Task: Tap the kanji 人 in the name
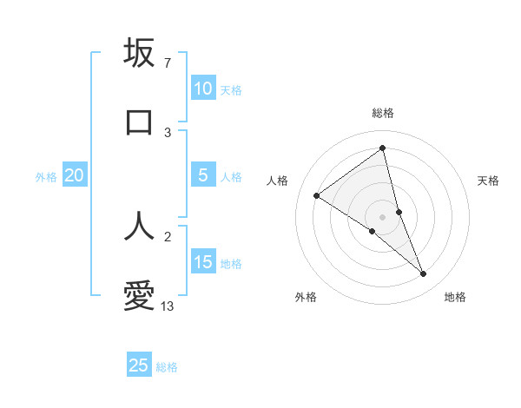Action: point(139,226)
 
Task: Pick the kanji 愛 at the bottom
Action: point(139,297)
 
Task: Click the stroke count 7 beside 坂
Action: point(167,63)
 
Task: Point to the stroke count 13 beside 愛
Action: point(168,306)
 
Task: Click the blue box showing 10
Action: point(202,89)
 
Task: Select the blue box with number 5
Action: point(202,175)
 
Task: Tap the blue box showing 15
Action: point(202,262)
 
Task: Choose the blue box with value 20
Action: point(74,175)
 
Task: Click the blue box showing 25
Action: point(139,365)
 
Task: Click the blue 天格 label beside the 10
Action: point(231,90)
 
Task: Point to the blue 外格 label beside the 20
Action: point(46,177)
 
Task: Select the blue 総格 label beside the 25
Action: point(167,367)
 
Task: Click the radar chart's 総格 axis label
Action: point(383,113)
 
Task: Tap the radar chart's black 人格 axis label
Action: point(277,181)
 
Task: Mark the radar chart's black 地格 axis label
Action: point(455,297)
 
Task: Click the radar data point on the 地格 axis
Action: point(424,274)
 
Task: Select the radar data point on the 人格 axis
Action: point(316,195)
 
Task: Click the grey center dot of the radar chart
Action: point(383,216)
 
